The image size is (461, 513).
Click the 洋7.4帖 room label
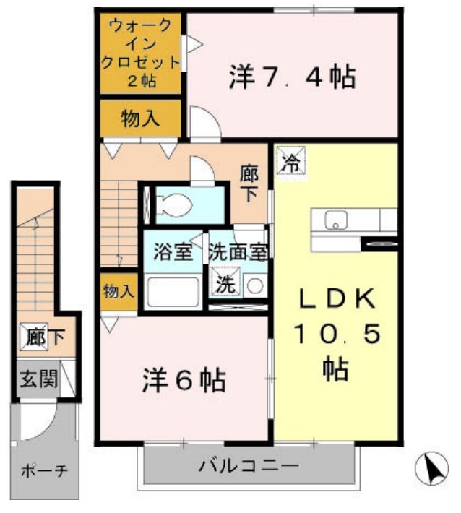tap(292, 76)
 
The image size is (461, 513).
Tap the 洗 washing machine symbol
tap(225, 284)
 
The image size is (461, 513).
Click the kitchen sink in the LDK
tap(335, 220)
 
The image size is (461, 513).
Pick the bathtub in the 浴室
tap(173, 293)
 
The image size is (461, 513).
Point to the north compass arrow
tap(431, 470)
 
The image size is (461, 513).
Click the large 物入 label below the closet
tap(140, 119)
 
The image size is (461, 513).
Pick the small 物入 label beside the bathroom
tap(119, 291)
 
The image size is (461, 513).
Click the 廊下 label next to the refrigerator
tap(250, 184)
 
